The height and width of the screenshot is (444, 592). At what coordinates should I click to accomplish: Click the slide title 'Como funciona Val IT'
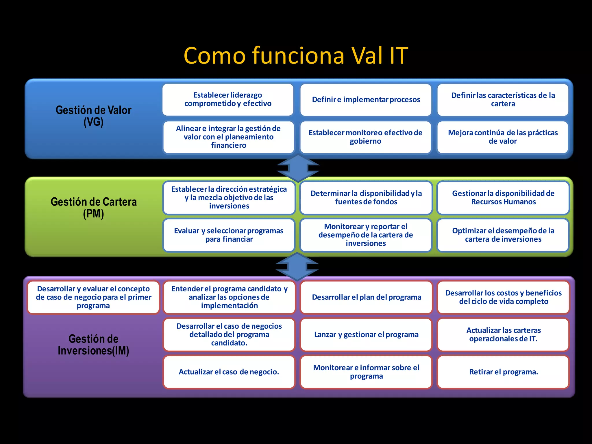(x=296, y=55)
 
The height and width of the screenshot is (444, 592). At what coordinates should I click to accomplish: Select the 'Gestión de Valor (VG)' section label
(x=93, y=116)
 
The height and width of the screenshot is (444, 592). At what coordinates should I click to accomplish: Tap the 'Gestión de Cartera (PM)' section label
(x=93, y=208)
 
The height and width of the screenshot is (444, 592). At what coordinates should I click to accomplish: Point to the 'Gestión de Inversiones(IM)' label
(x=93, y=345)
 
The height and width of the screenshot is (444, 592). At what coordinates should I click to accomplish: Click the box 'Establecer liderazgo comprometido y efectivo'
(x=228, y=99)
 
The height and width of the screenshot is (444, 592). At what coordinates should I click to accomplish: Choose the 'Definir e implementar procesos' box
(x=366, y=100)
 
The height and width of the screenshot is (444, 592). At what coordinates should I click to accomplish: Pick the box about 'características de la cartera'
(x=503, y=100)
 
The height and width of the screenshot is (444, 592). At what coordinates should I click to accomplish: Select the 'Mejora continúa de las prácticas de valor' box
(x=503, y=137)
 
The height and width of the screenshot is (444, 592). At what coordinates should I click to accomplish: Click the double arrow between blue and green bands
(x=298, y=168)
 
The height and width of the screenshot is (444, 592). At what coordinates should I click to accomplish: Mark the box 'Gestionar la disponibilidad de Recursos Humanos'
(x=503, y=198)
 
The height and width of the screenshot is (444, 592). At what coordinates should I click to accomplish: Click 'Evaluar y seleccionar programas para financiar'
(x=229, y=235)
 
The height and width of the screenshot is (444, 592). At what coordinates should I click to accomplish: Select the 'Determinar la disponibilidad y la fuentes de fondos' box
(x=366, y=198)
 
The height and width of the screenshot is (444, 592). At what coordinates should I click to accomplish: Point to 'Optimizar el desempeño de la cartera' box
(x=503, y=235)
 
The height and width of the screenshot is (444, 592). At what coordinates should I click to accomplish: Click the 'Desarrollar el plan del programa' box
(x=366, y=297)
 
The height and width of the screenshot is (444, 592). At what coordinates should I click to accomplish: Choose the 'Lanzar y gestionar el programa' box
(x=366, y=334)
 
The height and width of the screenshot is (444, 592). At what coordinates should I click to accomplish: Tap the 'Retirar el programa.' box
(x=503, y=372)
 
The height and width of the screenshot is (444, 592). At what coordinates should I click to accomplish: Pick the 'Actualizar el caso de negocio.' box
(x=229, y=372)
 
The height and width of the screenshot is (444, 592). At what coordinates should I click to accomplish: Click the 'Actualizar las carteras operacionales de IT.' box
(x=503, y=334)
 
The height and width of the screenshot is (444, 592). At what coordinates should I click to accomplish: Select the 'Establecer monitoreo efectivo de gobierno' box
(x=366, y=137)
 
